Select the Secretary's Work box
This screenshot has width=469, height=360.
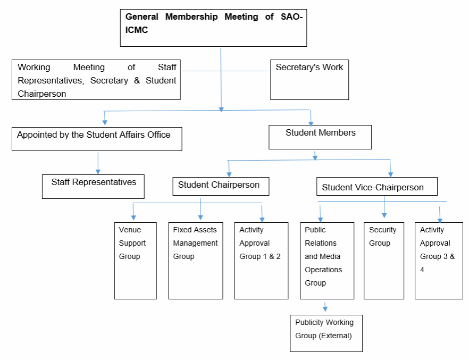[309, 80]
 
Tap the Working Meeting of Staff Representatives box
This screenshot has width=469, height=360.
[96, 80]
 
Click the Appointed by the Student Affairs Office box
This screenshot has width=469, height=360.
[97, 138]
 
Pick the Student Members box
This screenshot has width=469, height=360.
[320, 137]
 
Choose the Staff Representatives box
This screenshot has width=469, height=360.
[94, 186]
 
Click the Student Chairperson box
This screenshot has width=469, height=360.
[221, 186]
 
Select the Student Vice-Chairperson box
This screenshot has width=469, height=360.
[377, 187]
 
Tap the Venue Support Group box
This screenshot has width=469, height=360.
[136, 261]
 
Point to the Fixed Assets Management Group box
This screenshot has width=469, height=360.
[196, 261]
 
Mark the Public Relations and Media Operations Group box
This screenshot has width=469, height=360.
[327, 261]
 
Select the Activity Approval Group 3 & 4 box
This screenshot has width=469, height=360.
[439, 261]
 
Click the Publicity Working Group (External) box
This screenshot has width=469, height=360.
[326, 333]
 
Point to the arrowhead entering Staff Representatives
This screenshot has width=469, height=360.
[98, 171]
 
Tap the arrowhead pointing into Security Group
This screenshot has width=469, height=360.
[384, 215]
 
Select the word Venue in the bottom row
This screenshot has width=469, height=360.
[130, 230]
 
